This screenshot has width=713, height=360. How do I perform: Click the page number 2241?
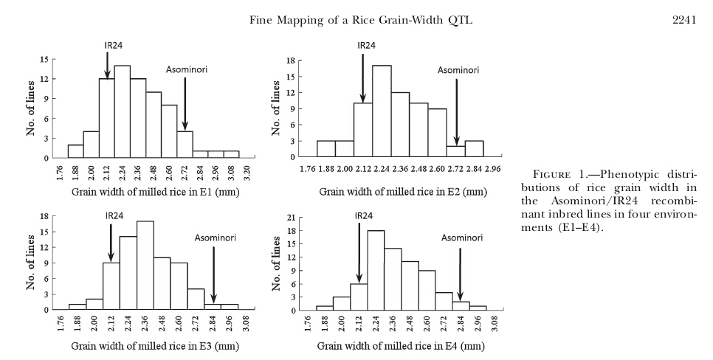(684, 20)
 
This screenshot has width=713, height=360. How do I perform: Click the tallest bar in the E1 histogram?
(123, 112)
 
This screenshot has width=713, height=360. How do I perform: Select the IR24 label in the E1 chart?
(113, 45)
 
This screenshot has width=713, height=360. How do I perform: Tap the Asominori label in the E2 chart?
(458, 70)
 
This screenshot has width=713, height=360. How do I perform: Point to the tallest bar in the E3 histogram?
(145, 266)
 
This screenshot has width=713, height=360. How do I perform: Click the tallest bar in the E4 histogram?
(376, 271)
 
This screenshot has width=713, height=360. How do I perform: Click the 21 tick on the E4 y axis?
(292, 218)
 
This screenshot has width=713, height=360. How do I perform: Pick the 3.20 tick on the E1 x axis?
(247, 173)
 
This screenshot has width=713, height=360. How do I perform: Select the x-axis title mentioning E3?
(155, 347)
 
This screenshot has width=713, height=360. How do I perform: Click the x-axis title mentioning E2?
(403, 191)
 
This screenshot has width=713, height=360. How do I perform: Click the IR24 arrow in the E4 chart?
(359, 253)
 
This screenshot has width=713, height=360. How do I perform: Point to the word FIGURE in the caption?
(551, 175)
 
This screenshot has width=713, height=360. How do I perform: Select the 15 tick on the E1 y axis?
(44, 59)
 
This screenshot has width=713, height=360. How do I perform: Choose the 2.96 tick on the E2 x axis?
(493, 169)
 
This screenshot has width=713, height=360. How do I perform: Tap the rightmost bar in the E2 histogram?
(475, 148)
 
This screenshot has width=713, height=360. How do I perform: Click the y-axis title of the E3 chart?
(31, 263)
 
